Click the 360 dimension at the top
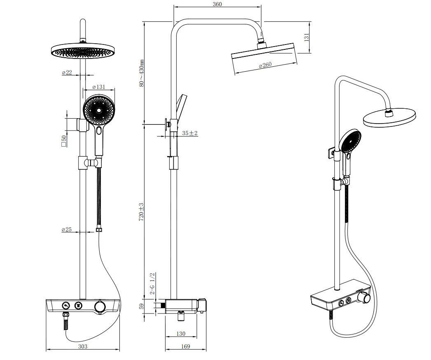(x=217, y=5)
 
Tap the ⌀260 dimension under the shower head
(x=265, y=65)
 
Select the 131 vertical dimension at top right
(x=306, y=37)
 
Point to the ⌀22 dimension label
(x=67, y=72)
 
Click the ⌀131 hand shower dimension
(x=98, y=87)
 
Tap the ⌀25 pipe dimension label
(x=67, y=229)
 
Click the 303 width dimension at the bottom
(x=83, y=346)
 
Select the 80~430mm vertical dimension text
(x=142, y=73)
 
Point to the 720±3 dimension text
(x=142, y=211)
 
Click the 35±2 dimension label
(x=190, y=133)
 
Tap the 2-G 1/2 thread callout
(x=152, y=283)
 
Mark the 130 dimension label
(x=180, y=334)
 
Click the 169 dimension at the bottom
(x=186, y=346)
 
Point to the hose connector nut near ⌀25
(x=98, y=229)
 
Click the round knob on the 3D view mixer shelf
(x=364, y=298)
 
